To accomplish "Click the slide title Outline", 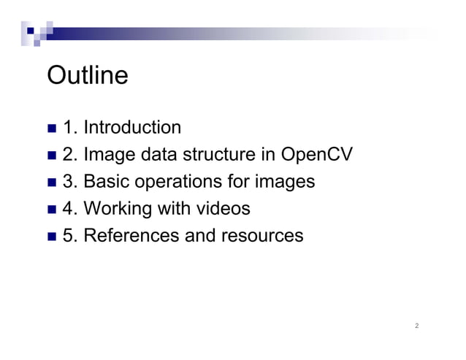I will [x=87, y=75].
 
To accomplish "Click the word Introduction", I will [x=132, y=128].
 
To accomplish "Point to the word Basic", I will [x=107, y=182].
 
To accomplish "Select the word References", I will [x=131, y=236].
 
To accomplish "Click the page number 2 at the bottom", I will [x=416, y=326].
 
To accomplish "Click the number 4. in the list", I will [x=71, y=209].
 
